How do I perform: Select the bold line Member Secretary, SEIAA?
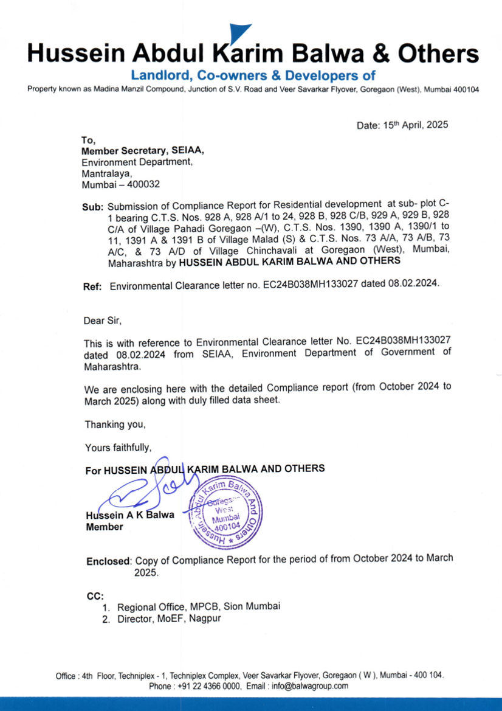(143, 151)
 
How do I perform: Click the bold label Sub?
(93, 207)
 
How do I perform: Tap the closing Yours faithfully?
(117, 448)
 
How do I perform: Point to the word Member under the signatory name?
(104, 527)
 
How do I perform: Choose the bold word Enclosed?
(108, 561)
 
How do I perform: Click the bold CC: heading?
(95, 596)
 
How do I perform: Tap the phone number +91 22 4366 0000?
(207, 685)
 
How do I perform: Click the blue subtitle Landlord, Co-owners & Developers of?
(253, 76)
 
